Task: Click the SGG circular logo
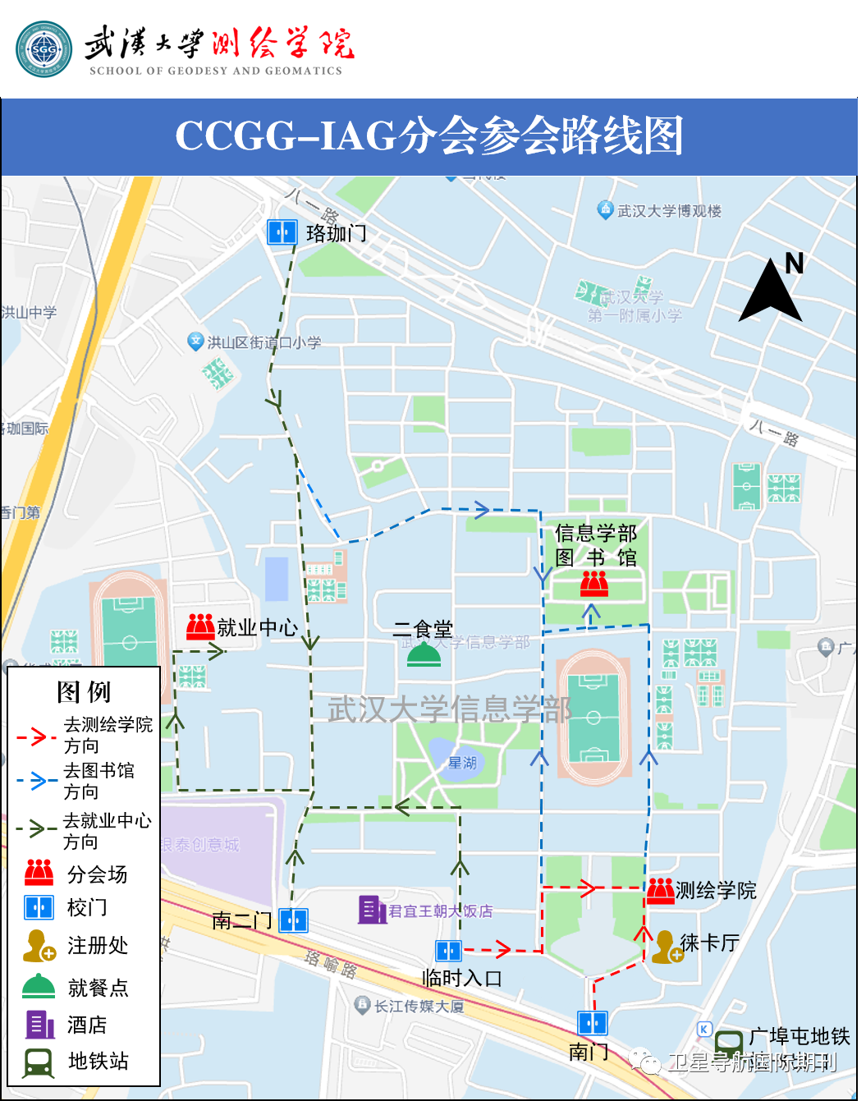[x=44, y=49]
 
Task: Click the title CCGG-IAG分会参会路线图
[x=429, y=136]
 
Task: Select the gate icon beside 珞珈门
[x=282, y=232]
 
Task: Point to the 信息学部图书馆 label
[x=596, y=545]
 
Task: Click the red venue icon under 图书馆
[x=594, y=584]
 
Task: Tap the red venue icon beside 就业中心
[x=200, y=626]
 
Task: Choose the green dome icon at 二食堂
[x=424, y=655]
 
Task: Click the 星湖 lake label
[x=461, y=763]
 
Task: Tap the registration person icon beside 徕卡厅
[x=665, y=947]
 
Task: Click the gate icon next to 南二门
[x=293, y=920]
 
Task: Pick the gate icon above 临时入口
[x=448, y=951]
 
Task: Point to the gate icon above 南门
[x=592, y=1023]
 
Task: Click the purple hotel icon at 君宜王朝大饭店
[x=372, y=910]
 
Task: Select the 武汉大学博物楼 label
[x=669, y=211]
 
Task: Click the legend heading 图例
[x=84, y=692]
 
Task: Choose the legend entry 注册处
[x=98, y=946]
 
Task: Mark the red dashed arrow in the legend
[x=36, y=736]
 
